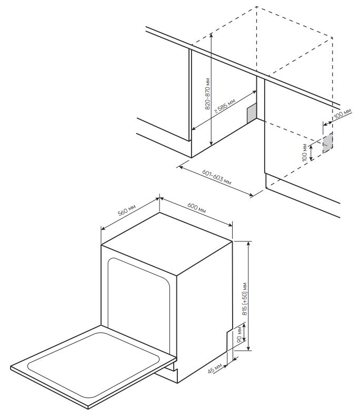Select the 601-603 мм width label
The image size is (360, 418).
[216, 176]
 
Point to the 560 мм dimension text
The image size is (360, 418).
[127, 210]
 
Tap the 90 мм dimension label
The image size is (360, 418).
[239, 335]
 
